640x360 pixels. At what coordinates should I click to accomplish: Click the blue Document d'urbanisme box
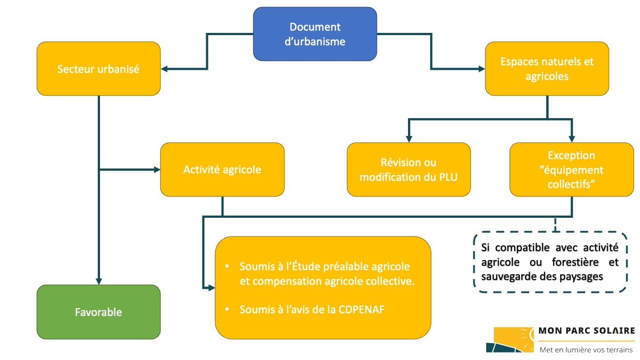pyautogui.click(x=315, y=34)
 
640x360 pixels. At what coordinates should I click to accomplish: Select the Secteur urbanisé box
pyautogui.click(x=98, y=69)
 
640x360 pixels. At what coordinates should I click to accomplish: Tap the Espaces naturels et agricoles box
pyautogui.click(x=547, y=69)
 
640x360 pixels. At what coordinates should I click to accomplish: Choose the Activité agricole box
pyautogui.click(x=222, y=169)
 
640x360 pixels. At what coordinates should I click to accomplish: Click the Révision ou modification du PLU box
pyautogui.click(x=408, y=169)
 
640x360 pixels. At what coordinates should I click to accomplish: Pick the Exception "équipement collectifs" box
pyautogui.click(x=572, y=169)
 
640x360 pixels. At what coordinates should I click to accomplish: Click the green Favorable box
pyautogui.click(x=98, y=312)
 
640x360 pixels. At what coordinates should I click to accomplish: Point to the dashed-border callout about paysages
pyautogui.click(x=550, y=262)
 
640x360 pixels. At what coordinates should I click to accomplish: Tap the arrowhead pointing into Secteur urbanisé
pyautogui.click(x=164, y=69)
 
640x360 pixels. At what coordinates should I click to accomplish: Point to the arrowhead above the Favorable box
pyautogui.click(x=98, y=281)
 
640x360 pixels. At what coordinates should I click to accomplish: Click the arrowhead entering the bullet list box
pyautogui.click(x=212, y=288)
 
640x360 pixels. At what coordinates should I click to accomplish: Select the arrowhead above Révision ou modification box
pyautogui.click(x=408, y=139)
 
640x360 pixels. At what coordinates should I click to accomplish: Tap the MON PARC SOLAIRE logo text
pyautogui.click(x=587, y=331)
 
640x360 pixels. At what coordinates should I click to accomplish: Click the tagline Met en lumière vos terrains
pyautogui.click(x=586, y=350)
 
